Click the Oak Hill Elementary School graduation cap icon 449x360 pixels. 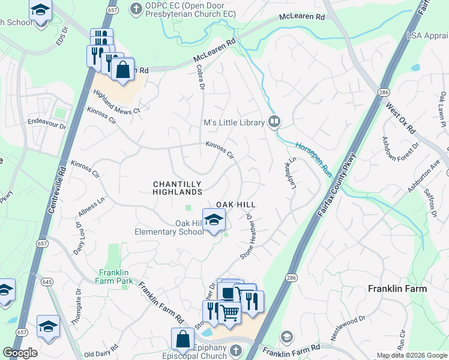tap(214, 220)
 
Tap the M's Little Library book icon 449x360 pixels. tap(274, 122)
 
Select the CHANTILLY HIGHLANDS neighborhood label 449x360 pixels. tap(178, 188)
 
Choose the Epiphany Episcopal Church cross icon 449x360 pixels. tap(236, 350)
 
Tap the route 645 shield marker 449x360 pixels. tap(46, 281)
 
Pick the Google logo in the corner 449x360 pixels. tap(20, 352)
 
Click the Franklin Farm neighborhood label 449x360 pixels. tap(397, 289)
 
